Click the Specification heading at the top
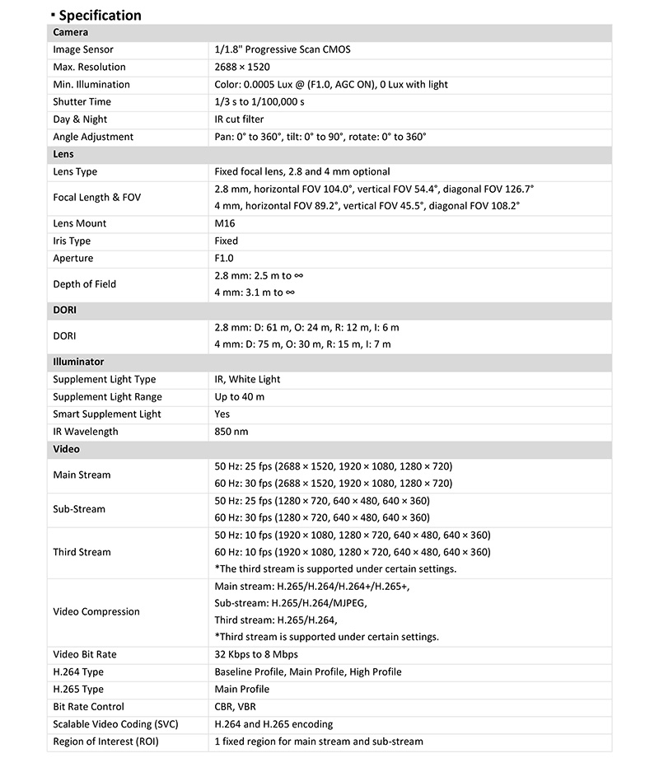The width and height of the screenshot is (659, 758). coord(100,15)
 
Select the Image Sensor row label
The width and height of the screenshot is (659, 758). coord(86,49)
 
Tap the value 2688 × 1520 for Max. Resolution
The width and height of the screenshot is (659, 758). coord(242,67)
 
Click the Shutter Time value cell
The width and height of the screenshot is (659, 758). coord(259,101)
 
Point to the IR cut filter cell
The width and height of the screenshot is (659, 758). coord(239,119)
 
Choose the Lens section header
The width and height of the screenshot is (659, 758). coord(63,154)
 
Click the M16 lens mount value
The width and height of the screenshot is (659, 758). coord(225,223)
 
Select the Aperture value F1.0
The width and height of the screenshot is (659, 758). coord(224,258)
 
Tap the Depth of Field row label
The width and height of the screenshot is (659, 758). coord(85,284)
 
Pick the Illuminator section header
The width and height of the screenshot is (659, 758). coord(78,362)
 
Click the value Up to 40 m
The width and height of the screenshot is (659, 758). coord(240,396)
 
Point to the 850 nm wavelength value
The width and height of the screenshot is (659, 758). coord(231,431)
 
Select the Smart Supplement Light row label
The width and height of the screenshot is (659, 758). coord(107,414)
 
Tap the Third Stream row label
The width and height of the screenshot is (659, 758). coord(82,552)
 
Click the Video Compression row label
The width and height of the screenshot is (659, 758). coord(96,611)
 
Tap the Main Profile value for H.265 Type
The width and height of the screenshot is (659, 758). coord(241,689)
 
